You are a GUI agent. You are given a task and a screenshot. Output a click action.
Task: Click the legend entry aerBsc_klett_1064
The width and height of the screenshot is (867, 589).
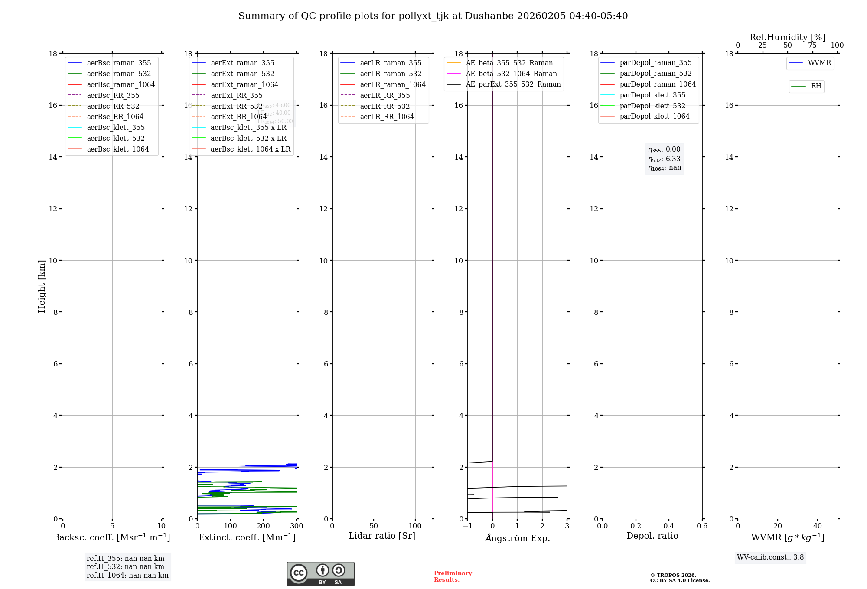[117, 149]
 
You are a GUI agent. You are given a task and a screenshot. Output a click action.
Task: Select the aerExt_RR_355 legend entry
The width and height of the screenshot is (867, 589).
[236, 95]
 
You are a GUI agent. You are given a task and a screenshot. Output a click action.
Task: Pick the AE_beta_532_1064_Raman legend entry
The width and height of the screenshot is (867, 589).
[511, 74]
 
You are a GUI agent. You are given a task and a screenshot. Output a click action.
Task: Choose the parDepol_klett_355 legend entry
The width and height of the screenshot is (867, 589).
[652, 95]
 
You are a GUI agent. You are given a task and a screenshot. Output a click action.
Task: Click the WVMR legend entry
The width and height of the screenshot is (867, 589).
[819, 63]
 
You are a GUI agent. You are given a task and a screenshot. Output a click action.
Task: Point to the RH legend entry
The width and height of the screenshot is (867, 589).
[815, 86]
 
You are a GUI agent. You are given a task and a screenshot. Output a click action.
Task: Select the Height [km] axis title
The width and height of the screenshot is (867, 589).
[42, 286]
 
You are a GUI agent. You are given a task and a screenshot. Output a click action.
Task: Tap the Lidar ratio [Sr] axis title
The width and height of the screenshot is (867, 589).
[382, 536]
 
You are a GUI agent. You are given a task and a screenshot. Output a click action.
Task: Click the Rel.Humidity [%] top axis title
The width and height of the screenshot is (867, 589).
[787, 37]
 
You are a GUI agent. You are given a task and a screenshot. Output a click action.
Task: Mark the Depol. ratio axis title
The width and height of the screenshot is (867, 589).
[652, 536]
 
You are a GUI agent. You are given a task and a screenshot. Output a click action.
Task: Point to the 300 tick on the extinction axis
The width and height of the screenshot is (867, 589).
[297, 526]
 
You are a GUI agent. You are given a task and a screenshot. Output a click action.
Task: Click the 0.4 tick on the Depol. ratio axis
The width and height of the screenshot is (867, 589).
[669, 526]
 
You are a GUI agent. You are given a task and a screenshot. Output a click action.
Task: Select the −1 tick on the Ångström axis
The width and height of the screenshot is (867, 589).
[467, 526]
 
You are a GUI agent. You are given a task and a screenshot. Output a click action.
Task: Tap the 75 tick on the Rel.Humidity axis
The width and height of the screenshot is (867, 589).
[812, 45]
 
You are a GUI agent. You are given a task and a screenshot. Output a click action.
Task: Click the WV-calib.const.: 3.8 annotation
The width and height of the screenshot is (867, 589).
[770, 557]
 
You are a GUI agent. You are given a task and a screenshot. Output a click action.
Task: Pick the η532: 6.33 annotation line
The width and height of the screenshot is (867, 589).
[664, 159]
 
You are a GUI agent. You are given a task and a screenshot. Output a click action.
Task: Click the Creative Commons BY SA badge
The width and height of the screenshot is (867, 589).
[320, 573]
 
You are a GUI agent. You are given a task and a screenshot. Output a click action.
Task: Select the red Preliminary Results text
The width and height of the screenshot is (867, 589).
[453, 576]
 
